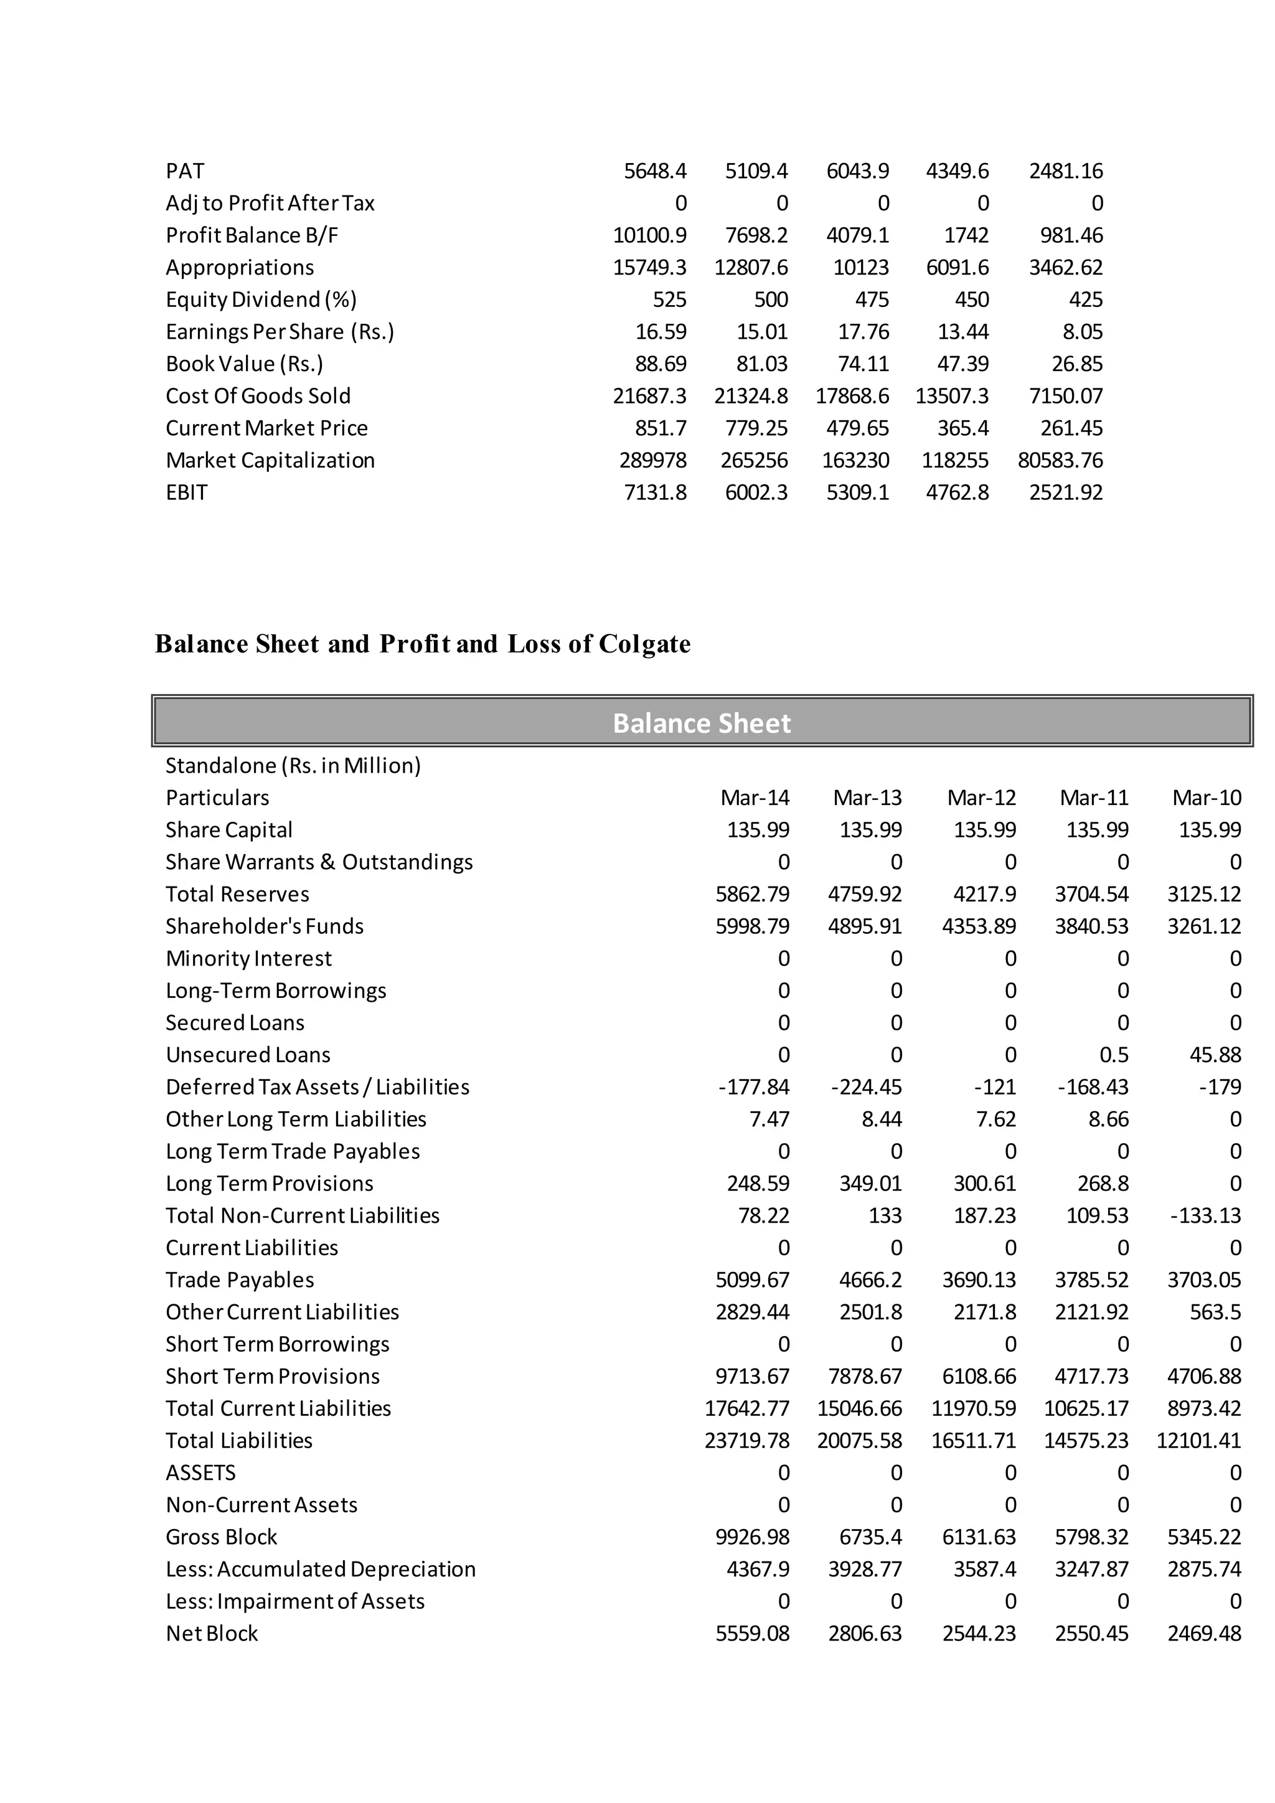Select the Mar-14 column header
click(x=755, y=798)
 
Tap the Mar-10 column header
click(x=1207, y=798)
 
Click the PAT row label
click(x=186, y=171)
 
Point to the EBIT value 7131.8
click(x=655, y=492)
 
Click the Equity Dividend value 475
click(x=872, y=300)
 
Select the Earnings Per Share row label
click(x=280, y=332)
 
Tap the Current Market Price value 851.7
click(x=661, y=428)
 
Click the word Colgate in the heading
click(x=644, y=644)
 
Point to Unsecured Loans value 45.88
click(x=1215, y=1055)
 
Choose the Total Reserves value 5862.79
click(x=752, y=895)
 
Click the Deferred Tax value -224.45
click(x=866, y=1087)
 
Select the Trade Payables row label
click(x=240, y=1280)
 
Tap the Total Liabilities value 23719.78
click(x=746, y=1440)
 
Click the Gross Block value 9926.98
click(x=752, y=1537)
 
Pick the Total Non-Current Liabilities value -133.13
click(x=1205, y=1216)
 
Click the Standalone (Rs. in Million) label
click(x=293, y=766)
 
